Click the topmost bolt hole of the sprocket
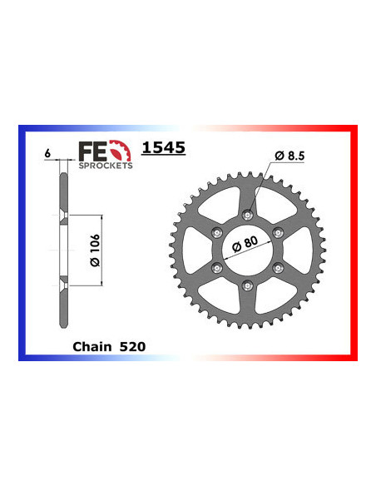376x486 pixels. point(247,214)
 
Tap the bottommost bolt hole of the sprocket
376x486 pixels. point(247,286)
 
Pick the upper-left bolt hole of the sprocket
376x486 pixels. point(216,232)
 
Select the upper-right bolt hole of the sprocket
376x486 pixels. point(279,232)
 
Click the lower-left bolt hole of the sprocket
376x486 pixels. point(216,268)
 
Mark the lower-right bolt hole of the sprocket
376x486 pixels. point(279,268)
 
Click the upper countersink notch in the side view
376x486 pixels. point(65,217)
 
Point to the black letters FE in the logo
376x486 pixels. point(88,151)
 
